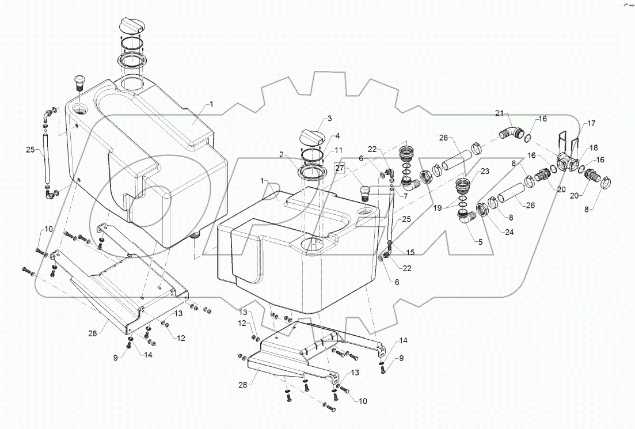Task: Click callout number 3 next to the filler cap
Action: click(x=329, y=119)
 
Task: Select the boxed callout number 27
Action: click(x=340, y=169)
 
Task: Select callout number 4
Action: click(x=338, y=136)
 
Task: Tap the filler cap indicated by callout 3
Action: click(x=310, y=139)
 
